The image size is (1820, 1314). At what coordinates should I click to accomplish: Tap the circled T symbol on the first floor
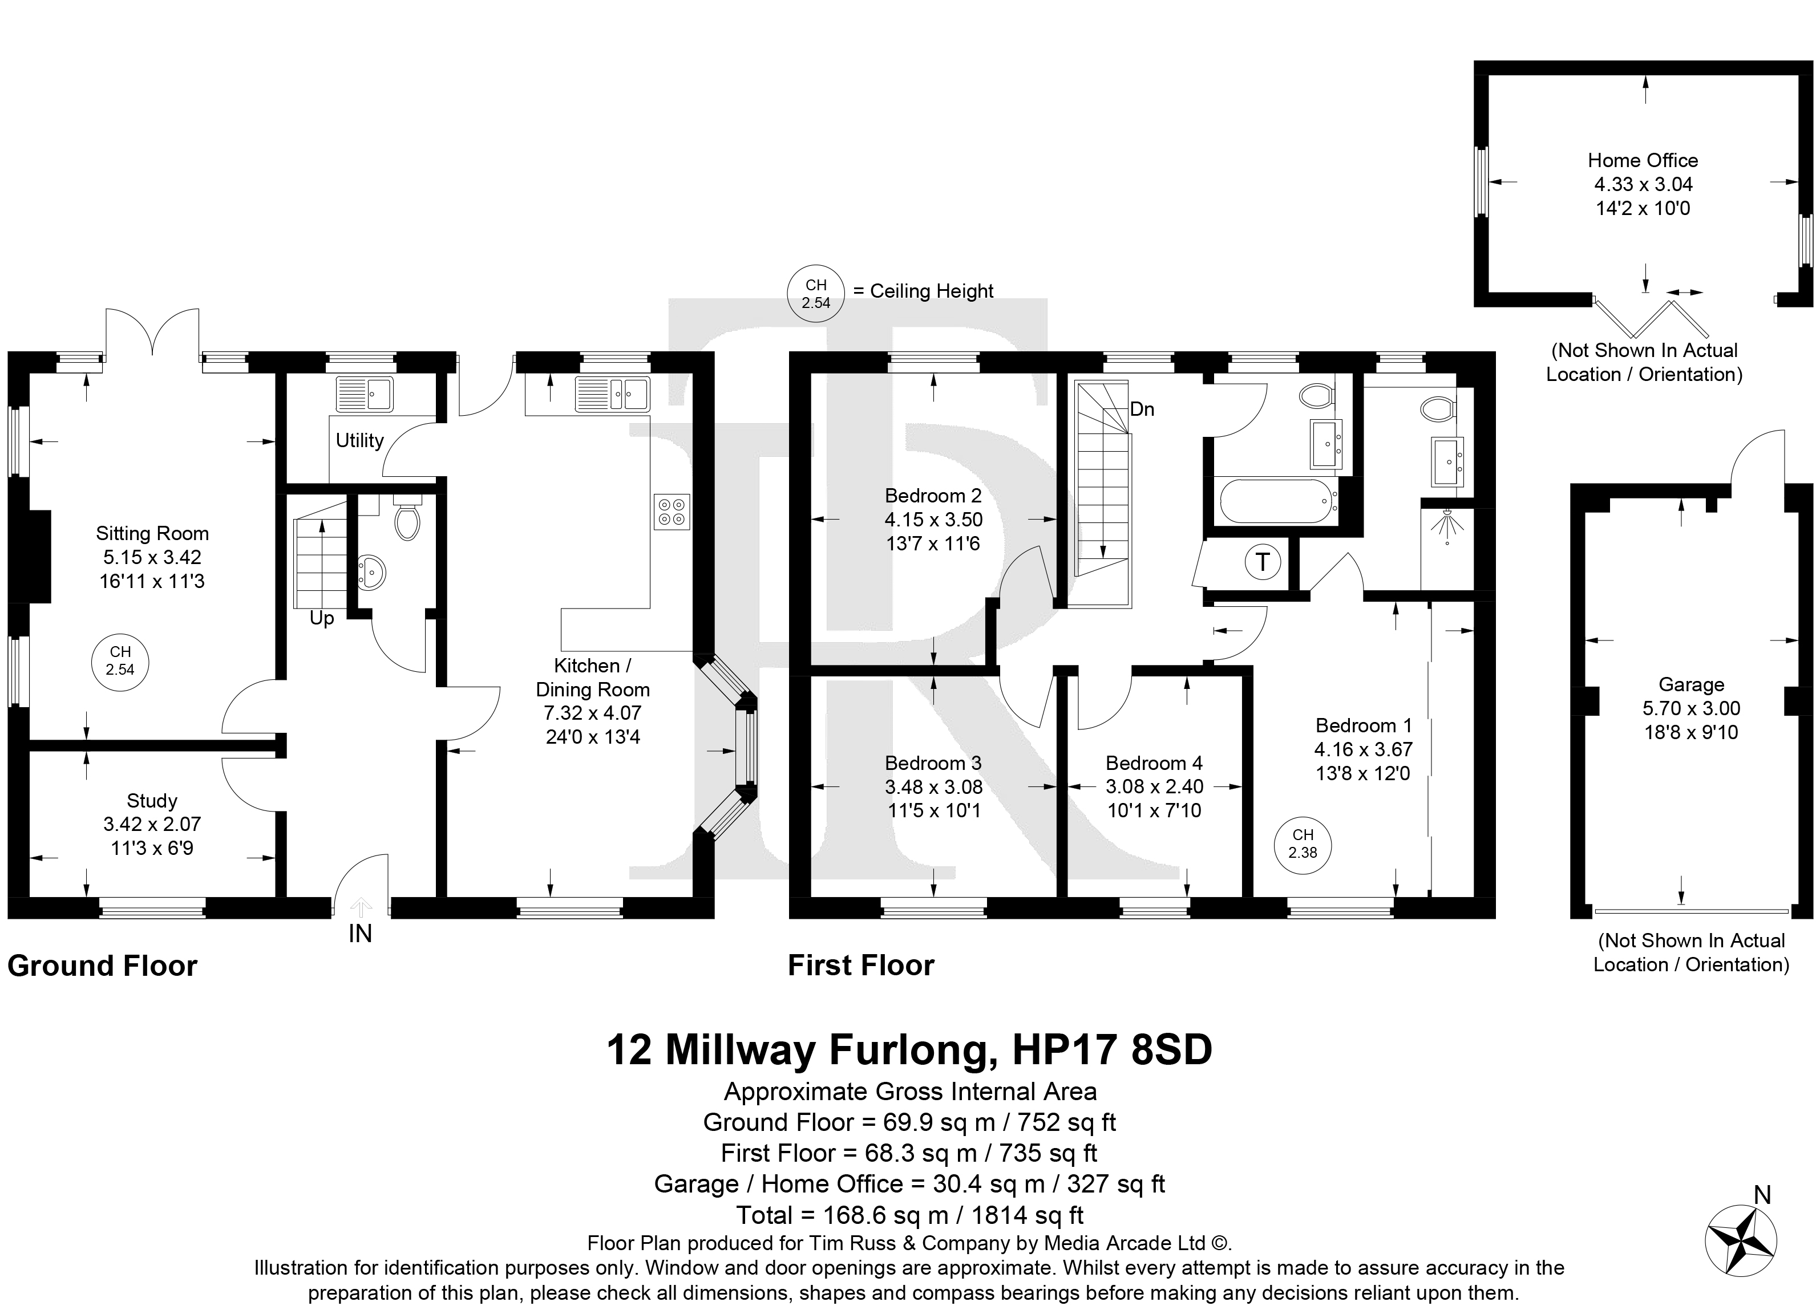[x=1262, y=562]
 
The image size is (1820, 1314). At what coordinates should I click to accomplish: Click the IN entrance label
[x=361, y=934]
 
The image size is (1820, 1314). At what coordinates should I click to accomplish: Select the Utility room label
[x=359, y=440]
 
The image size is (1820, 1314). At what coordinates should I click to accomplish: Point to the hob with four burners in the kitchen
[x=672, y=512]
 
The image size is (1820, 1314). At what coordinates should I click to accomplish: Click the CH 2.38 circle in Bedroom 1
[x=1303, y=845]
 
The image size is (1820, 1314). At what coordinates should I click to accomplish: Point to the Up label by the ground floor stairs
[x=322, y=618]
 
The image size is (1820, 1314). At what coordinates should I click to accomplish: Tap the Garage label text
[x=1692, y=684]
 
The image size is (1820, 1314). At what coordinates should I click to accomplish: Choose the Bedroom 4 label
[x=1154, y=763]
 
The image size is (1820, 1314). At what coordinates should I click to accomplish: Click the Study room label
[x=152, y=801]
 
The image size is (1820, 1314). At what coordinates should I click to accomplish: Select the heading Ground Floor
[x=103, y=966]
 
